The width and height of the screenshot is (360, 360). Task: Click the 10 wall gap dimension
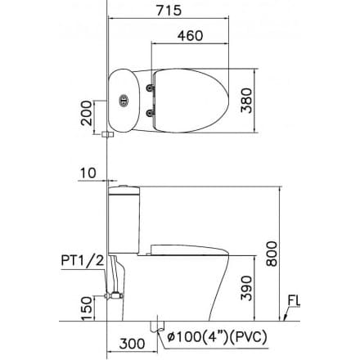point(90,172)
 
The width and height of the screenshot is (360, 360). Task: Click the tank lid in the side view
point(125,190)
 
